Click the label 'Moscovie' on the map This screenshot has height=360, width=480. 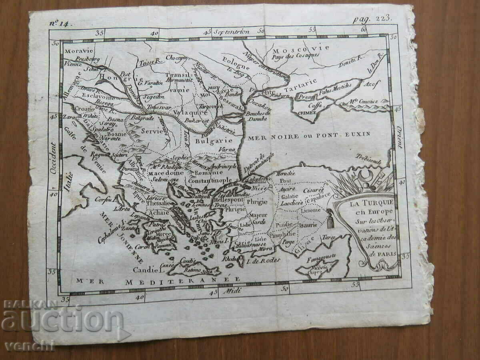pos(301,48)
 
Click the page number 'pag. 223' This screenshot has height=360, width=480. pos(368,18)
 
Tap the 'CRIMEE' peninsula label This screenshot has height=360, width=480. pos(307,113)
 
